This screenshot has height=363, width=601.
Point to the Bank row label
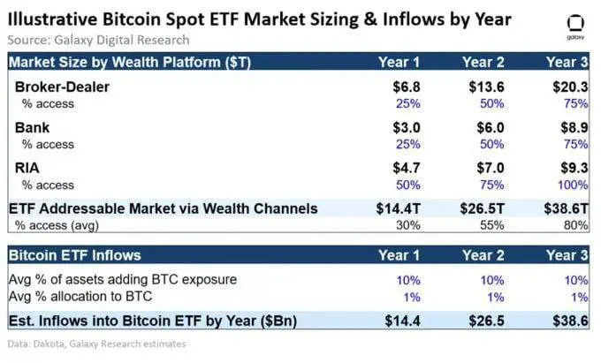[33, 128]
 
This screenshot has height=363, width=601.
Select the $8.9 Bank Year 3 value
[574, 128]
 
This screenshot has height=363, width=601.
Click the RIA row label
[29, 168]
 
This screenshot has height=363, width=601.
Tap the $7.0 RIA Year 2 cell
[489, 168]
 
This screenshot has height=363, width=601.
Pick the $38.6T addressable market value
[566, 208]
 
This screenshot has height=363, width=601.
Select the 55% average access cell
[493, 225]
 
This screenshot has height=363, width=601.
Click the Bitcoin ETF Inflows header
[74, 255]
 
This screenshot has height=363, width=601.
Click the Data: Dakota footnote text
[95, 344]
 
